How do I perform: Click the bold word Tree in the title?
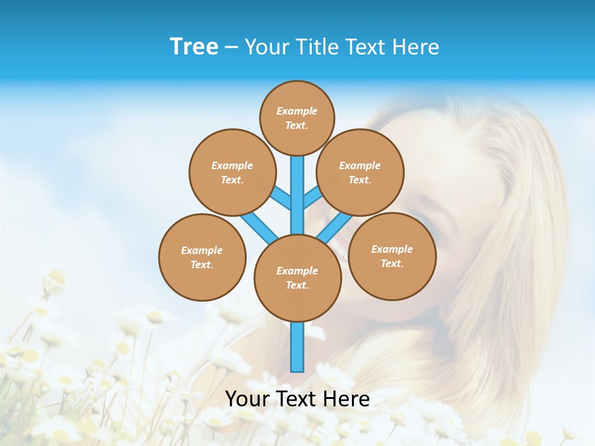(x=194, y=46)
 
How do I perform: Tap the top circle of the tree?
(x=297, y=118)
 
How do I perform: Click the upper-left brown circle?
(x=232, y=172)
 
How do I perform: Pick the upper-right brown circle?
(x=360, y=172)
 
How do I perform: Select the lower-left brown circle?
(x=202, y=257)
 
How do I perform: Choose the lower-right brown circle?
(x=392, y=256)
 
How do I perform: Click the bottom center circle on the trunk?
(x=297, y=278)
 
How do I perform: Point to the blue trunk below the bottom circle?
(x=297, y=347)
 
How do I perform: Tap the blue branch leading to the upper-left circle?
(x=281, y=198)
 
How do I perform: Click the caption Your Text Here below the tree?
(x=297, y=399)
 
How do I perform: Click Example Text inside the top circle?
(x=297, y=118)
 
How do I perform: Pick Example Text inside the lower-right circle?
(x=392, y=256)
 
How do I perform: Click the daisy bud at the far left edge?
(x=55, y=282)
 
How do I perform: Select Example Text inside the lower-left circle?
(x=202, y=257)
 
